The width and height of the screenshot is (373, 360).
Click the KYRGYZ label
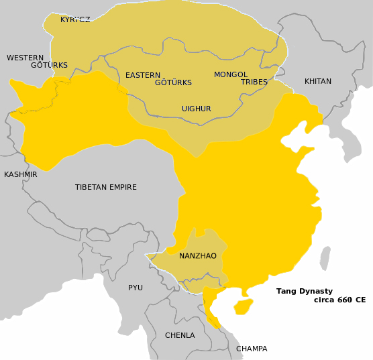(75, 19)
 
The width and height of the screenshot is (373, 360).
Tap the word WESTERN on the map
(25, 58)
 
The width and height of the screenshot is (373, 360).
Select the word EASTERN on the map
(143, 75)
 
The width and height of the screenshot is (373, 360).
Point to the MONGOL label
(231, 74)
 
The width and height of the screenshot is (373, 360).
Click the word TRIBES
(254, 82)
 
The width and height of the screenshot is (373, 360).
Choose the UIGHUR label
(197, 109)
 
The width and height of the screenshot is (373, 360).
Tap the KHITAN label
(318, 81)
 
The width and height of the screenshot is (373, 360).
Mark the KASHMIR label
(21, 174)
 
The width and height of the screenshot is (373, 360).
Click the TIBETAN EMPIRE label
(106, 187)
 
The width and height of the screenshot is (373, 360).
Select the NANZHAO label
(198, 255)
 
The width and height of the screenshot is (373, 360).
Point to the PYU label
(136, 288)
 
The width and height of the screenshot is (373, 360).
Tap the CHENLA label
(180, 335)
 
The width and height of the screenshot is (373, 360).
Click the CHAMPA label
(252, 349)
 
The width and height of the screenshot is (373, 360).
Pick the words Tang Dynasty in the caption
(305, 291)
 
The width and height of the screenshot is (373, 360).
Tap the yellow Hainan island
(243, 306)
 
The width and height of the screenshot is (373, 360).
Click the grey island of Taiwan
(325, 257)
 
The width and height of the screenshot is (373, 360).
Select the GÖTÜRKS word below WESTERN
(49, 65)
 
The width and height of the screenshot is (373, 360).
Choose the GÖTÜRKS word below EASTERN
(173, 82)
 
